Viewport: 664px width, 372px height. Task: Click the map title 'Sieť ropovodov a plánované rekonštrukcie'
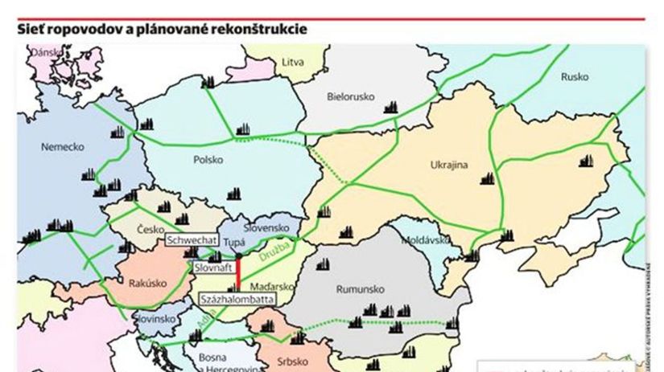162,30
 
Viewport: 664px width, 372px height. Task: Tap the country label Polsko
208,160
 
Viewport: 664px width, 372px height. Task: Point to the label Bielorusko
352,96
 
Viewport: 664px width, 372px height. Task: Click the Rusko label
575,77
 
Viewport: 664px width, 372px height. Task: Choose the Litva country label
293,61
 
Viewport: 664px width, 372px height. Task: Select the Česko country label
151,229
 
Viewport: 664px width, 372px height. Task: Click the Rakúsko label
146,282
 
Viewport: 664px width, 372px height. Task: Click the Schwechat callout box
191,240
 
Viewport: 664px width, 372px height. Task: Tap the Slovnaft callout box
212,266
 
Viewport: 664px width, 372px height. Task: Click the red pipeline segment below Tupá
238,276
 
